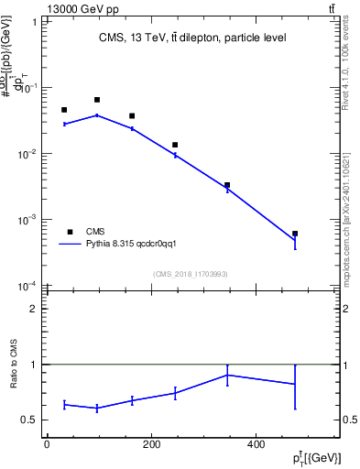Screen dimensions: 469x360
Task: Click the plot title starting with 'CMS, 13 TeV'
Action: pos(192,38)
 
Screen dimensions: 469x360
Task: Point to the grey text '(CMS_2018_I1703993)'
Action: pos(191,274)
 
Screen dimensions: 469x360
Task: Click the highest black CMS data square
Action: pos(97,100)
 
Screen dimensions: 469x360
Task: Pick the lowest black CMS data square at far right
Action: pos(295,234)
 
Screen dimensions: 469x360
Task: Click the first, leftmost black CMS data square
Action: pos(64,110)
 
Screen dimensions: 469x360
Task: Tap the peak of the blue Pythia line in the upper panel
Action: pos(97,115)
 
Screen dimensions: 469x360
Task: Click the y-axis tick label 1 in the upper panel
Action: pos(34,22)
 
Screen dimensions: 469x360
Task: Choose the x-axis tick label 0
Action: pos(47,445)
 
